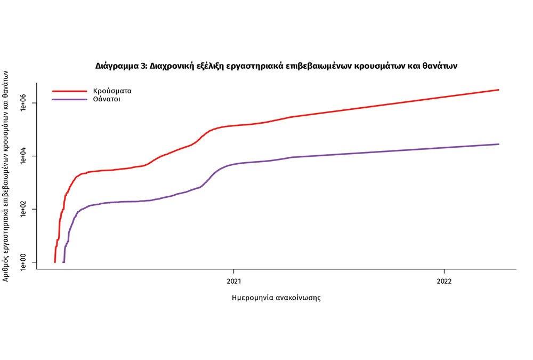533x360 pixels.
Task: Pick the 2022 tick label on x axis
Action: click(x=444, y=281)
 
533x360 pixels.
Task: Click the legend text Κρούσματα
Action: click(x=112, y=91)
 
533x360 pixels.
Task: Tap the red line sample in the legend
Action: click(x=69, y=91)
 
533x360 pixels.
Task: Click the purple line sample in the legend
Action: click(x=69, y=99)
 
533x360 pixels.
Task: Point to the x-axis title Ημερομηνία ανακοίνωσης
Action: click(x=276, y=298)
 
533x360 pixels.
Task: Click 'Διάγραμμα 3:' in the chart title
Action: click(x=121, y=67)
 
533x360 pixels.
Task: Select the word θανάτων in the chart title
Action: click(x=440, y=67)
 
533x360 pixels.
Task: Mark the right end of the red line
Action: click(x=498, y=90)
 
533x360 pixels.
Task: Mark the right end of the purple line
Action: click(x=498, y=144)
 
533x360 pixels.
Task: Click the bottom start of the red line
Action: click(x=55, y=261)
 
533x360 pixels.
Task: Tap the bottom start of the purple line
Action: click(x=63, y=261)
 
